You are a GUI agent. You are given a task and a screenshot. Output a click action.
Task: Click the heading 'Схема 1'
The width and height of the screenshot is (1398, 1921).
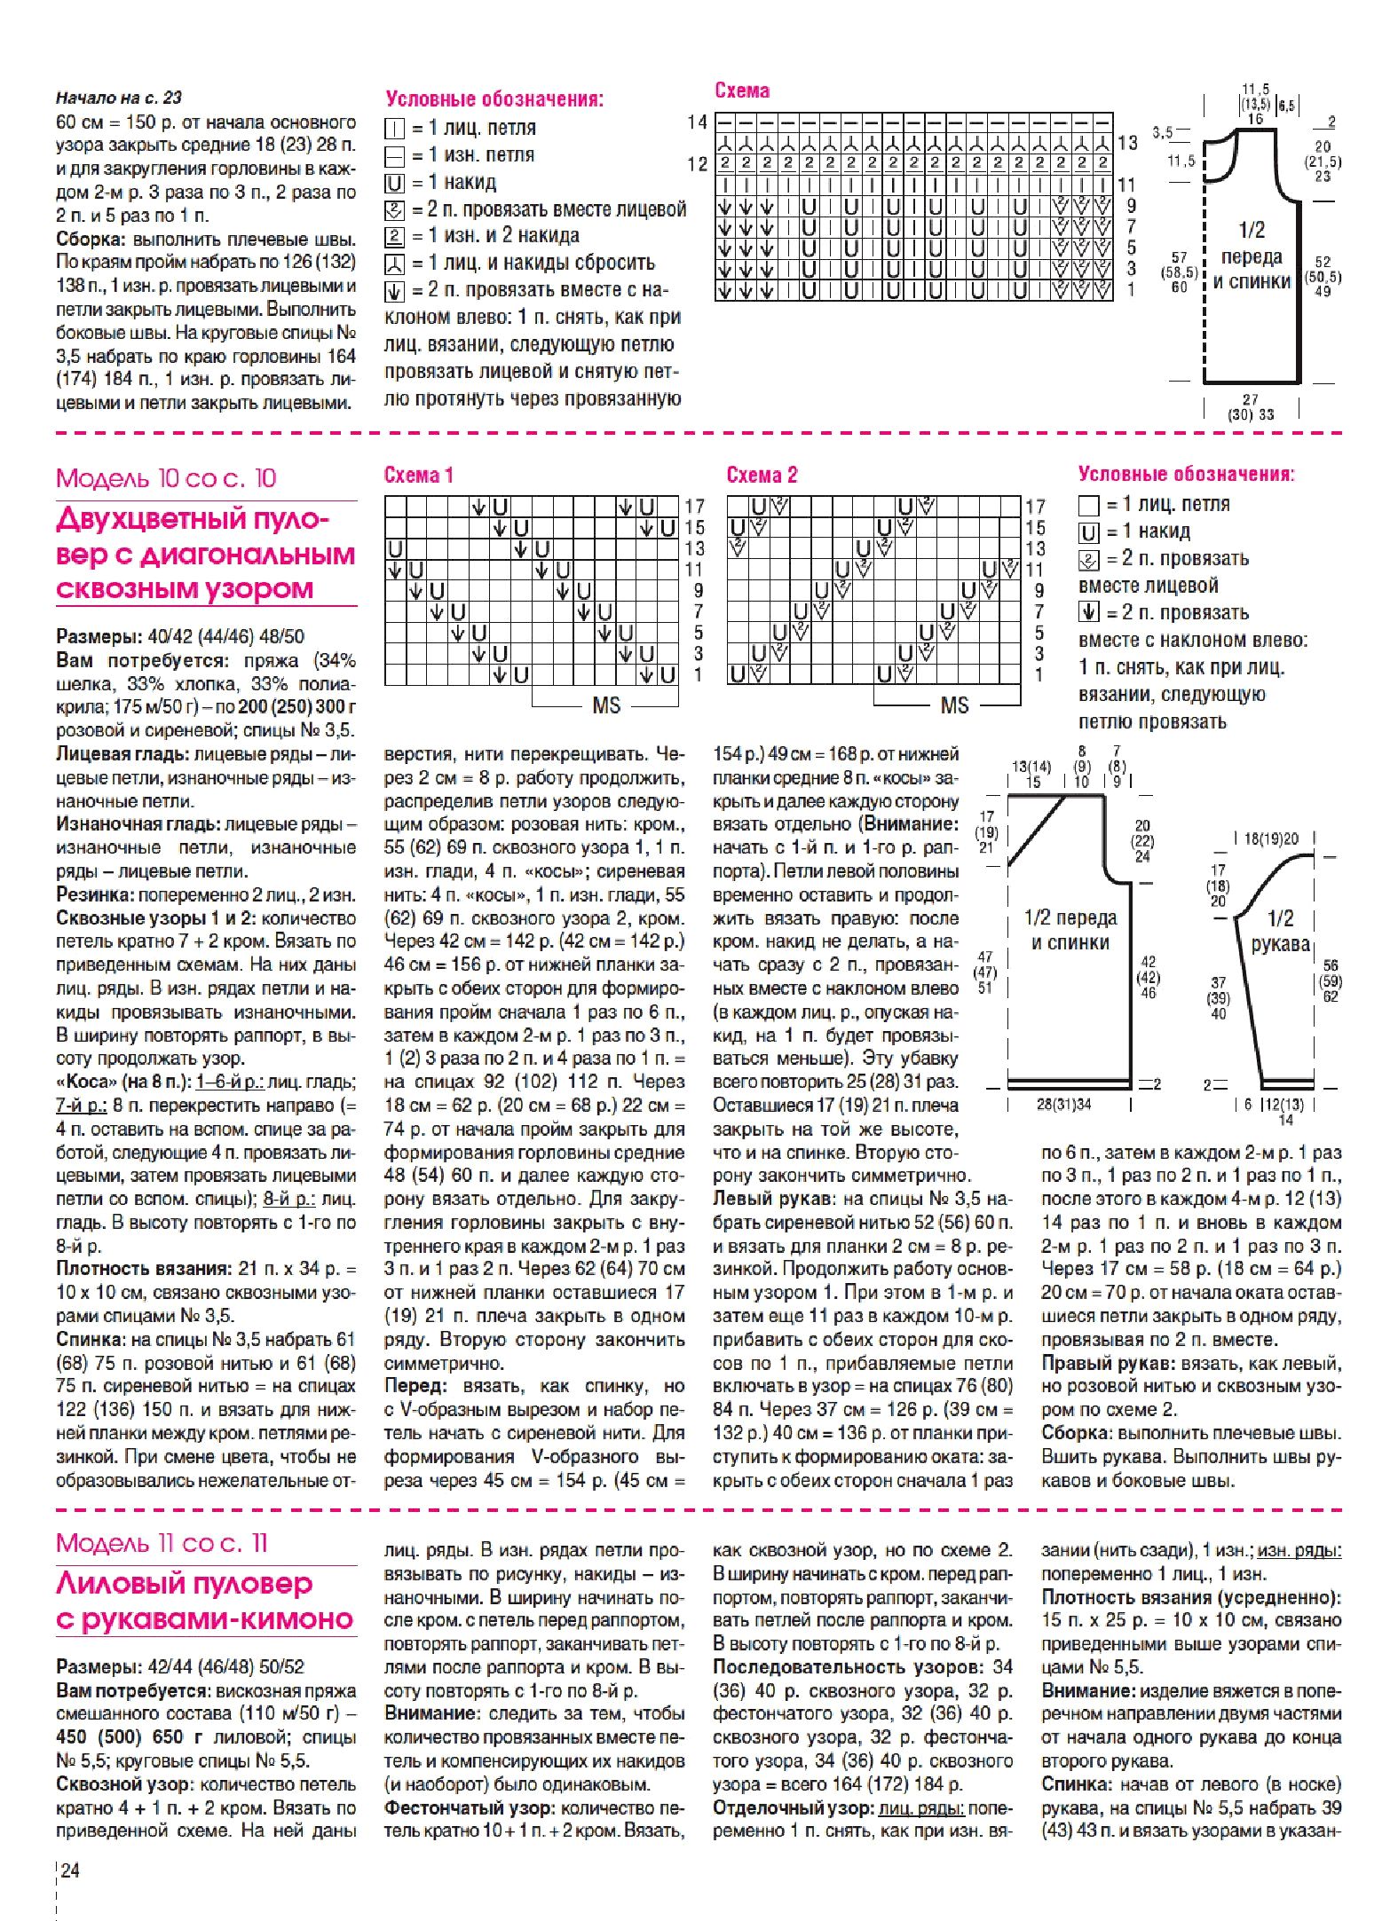tap(418, 476)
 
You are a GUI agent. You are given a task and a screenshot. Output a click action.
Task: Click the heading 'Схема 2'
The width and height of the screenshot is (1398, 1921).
tap(762, 476)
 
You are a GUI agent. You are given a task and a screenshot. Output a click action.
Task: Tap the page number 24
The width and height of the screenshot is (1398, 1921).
tap(70, 1870)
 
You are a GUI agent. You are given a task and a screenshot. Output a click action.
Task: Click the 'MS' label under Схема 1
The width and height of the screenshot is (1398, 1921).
tap(606, 705)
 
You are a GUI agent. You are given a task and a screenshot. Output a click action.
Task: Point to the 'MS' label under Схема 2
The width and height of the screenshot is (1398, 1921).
tap(954, 705)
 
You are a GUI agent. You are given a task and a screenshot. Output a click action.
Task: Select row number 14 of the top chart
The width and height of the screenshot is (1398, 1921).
tap(697, 122)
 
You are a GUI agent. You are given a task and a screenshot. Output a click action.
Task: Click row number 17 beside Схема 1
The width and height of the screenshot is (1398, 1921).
tap(694, 506)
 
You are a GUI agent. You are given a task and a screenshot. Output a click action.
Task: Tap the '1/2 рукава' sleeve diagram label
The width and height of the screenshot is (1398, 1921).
tap(1280, 931)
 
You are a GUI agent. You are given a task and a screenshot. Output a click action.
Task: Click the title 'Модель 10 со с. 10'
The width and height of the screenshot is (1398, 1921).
tap(166, 479)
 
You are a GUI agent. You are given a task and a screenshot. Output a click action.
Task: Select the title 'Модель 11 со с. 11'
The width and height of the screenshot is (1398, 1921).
tap(162, 1543)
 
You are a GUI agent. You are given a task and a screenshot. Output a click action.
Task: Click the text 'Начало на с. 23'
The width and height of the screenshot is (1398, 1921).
tap(119, 98)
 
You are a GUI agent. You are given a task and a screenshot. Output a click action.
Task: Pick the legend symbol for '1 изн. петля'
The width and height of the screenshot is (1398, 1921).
tap(394, 156)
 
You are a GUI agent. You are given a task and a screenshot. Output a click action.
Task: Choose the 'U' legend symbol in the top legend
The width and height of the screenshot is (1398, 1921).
tap(394, 183)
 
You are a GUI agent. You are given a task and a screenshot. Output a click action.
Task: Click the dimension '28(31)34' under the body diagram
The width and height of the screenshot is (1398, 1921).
tap(1063, 1105)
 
